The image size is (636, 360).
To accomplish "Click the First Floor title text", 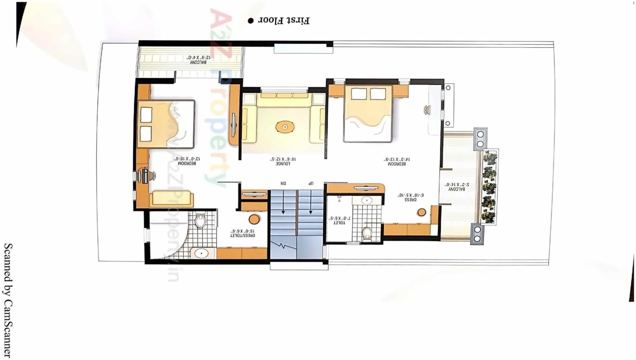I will (x=284, y=21).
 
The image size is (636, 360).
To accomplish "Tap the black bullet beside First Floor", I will (x=250, y=21).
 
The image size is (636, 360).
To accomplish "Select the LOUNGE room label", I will (x=283, y=161).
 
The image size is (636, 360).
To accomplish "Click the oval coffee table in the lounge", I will (x=285, y=127).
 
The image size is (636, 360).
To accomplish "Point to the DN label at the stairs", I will (x=283, y=183).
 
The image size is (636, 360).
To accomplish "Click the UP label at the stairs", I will (x=310, y=183).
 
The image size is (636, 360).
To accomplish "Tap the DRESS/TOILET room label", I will (x=242, y=233).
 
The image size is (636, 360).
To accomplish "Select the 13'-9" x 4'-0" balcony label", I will (x=198, y=60).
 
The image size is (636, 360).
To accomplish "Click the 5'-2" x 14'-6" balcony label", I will (x=457, y=187).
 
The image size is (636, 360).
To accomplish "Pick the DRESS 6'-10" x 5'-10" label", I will (x=411, y=197).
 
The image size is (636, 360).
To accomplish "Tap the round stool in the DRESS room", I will (x=422, y=212).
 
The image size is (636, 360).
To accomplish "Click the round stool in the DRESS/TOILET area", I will (x=254, y=219).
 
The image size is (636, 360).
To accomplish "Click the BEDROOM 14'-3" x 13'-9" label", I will (x=396, y=161).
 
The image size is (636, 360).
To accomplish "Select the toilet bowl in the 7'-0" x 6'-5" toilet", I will (x=367, y=233).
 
